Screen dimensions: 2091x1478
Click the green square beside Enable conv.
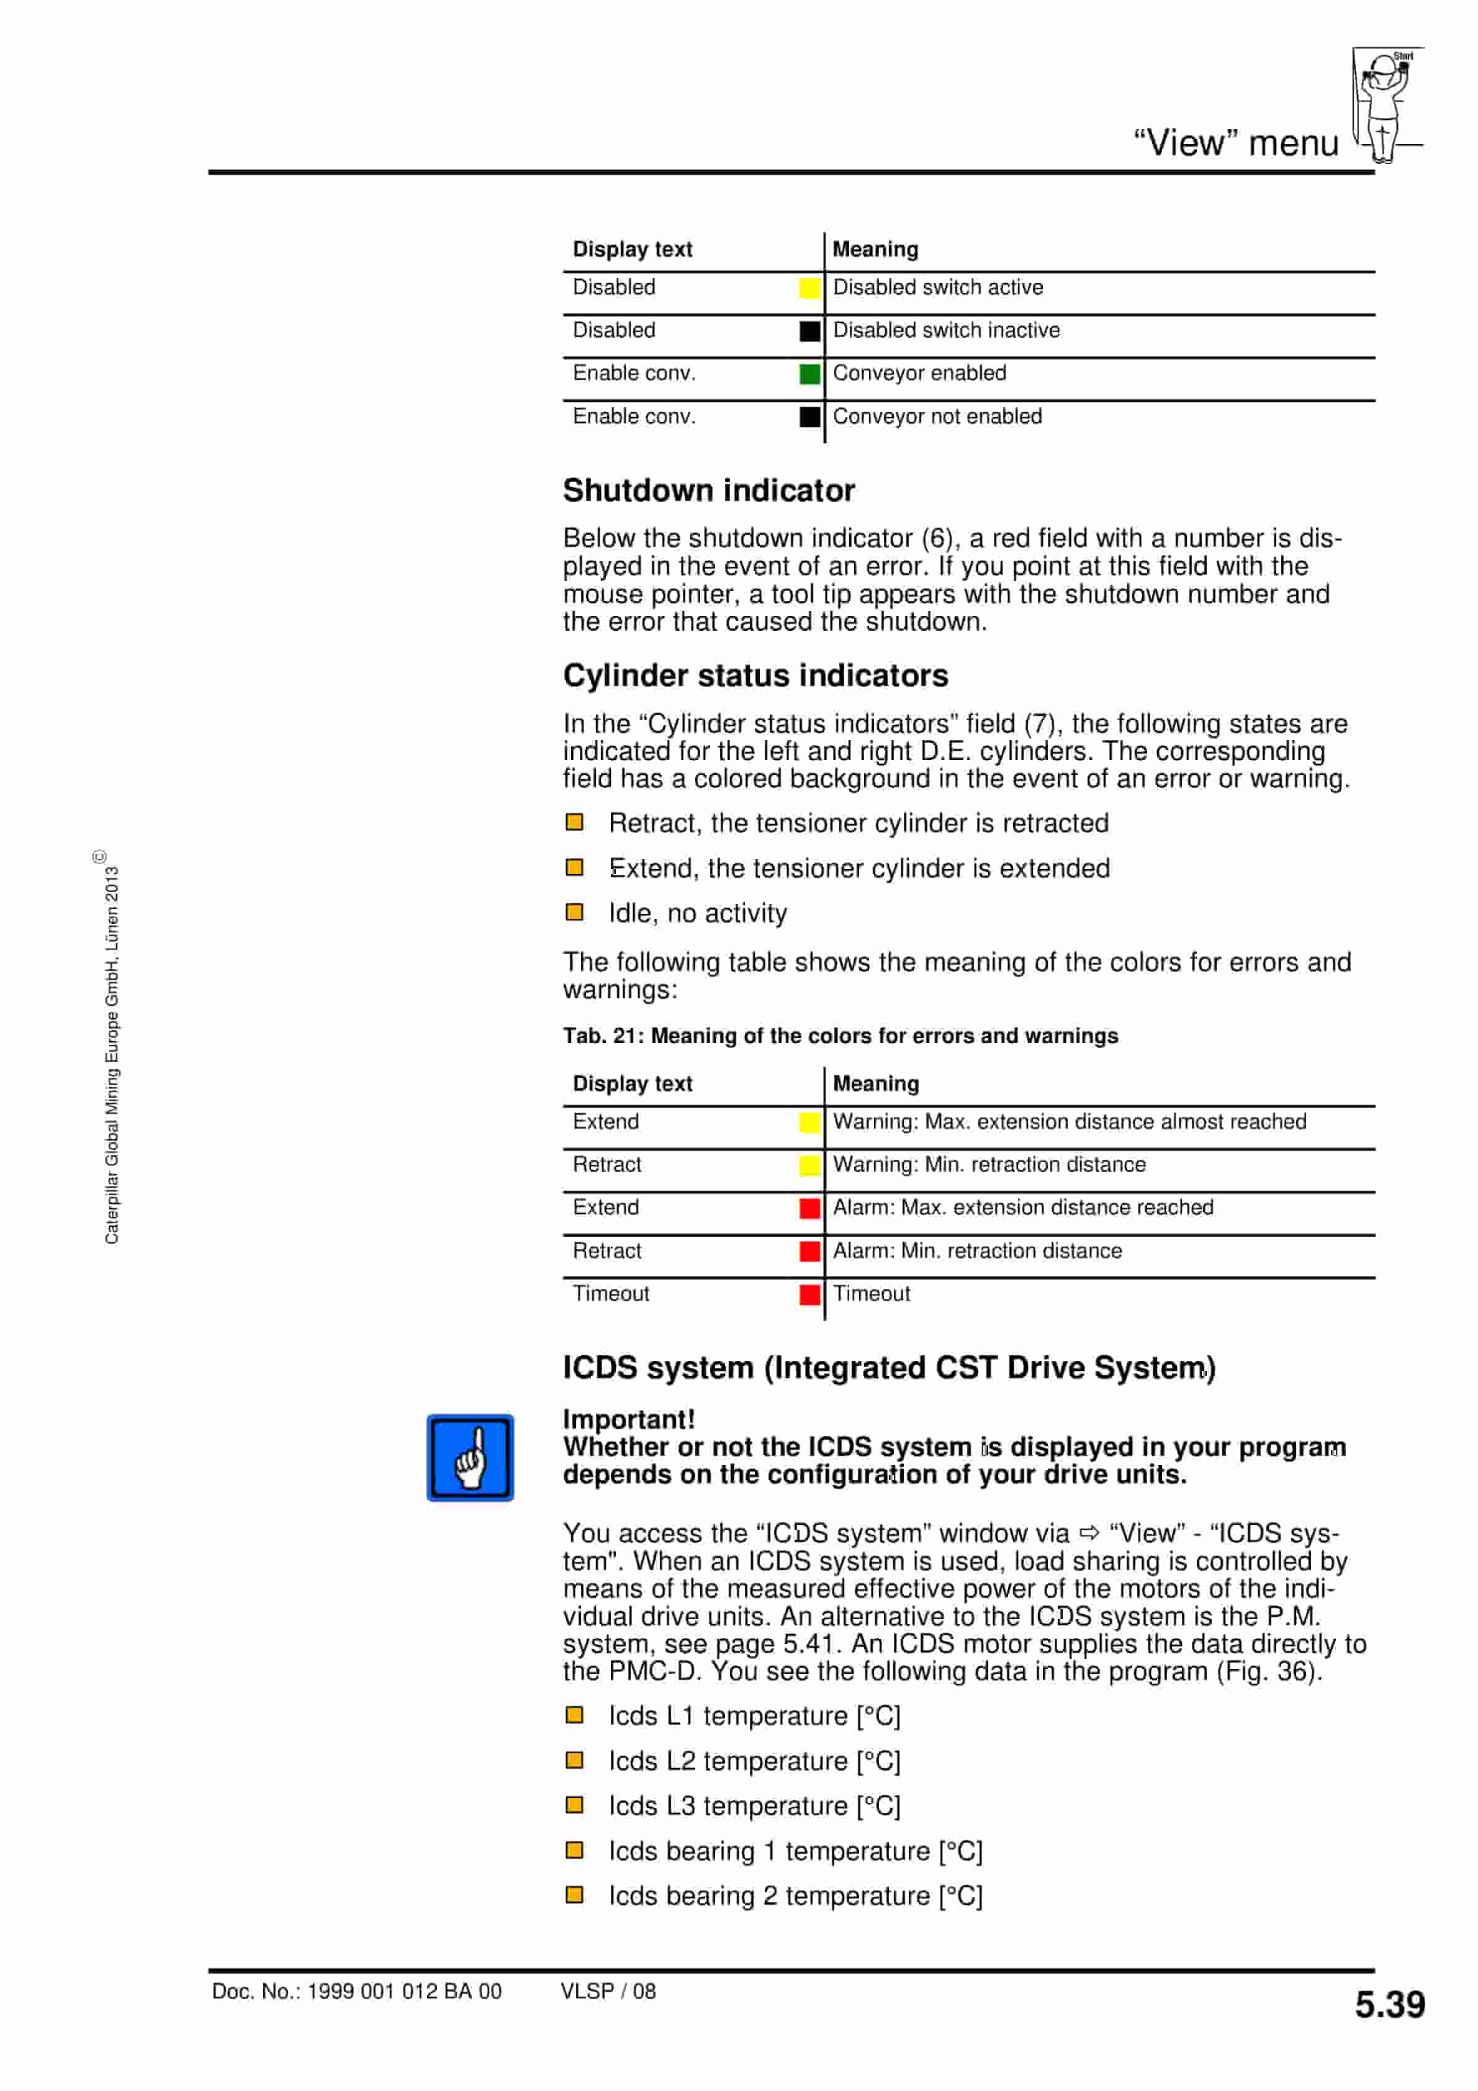(809, 373)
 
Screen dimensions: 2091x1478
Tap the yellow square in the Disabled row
(809, 288)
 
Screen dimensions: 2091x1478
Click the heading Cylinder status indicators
(755, 675)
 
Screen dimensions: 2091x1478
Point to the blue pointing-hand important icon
(470, 1457)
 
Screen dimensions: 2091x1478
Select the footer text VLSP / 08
(608, 1991)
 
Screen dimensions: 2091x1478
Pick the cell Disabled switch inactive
(946, 330)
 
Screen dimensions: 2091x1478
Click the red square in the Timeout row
(809, 1294)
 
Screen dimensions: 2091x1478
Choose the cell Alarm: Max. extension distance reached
(1022, 1207)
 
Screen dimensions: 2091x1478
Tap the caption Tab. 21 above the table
(840, 1036)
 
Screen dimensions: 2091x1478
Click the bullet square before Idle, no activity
(575, 911)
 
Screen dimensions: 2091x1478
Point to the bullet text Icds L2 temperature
(754, 1761)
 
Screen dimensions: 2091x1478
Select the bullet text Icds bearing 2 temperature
(795, 1895)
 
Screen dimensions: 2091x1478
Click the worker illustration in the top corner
(1385, 103)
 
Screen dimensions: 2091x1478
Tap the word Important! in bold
(628, 1419)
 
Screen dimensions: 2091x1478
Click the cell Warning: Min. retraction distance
(989, 1164)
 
